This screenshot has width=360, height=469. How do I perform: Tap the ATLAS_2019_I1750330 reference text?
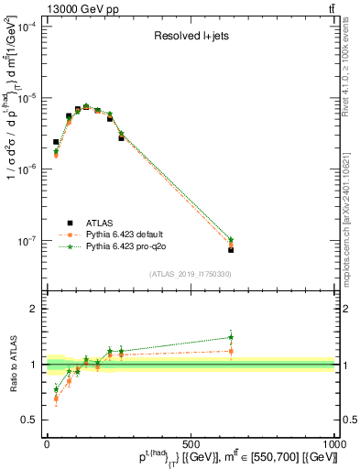[191, 274]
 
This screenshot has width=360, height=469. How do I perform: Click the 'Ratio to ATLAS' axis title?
[13, 365]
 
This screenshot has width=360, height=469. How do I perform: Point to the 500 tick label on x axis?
[191, 442]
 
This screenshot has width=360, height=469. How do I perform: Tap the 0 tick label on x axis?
[47, 442]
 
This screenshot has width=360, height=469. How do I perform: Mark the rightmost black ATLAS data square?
[231, 249]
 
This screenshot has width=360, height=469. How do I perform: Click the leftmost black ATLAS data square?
[56, 142]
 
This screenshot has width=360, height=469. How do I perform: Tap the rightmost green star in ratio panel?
[231, 337]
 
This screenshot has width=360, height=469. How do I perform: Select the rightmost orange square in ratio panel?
[231, 351]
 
